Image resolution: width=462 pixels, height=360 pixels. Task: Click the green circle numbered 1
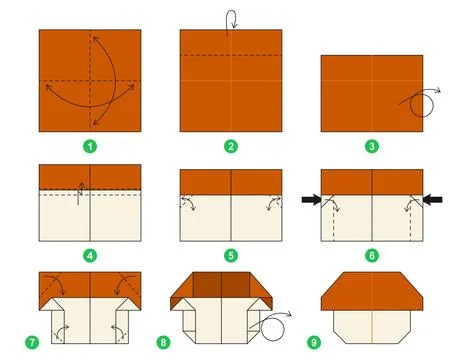90,146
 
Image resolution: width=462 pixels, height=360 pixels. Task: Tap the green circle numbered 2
231,146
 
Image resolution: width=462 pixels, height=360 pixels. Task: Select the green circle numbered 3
372,146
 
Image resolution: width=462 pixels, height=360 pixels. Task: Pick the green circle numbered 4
90,255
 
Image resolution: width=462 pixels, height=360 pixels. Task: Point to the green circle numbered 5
231,255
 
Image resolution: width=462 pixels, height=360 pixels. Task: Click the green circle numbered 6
372,255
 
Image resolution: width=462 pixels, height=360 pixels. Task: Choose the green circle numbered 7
33,342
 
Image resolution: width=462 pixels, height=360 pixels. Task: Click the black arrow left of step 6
310,201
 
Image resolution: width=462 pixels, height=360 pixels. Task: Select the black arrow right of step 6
433,201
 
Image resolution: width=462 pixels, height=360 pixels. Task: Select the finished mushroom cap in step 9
371,290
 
